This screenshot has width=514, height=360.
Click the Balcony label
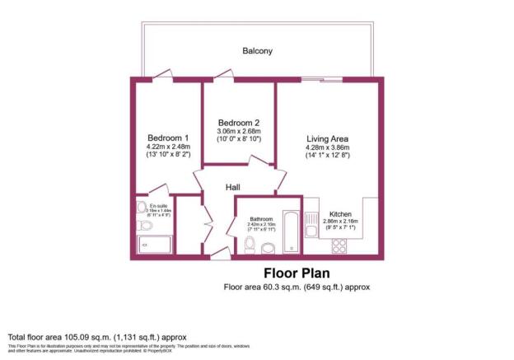[x=257, y=51]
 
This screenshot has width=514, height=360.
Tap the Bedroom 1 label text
[x=168, y=138]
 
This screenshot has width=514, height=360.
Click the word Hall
[x=233, y=188]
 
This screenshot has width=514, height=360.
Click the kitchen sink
[x=311, y=225]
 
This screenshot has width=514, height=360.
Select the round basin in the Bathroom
[x=269, y=247]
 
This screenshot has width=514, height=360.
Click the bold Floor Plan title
[x=297, y=273]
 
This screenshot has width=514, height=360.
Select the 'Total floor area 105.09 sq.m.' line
[x=98, y=337]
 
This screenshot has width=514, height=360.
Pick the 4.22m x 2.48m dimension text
[x=168, y=147]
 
